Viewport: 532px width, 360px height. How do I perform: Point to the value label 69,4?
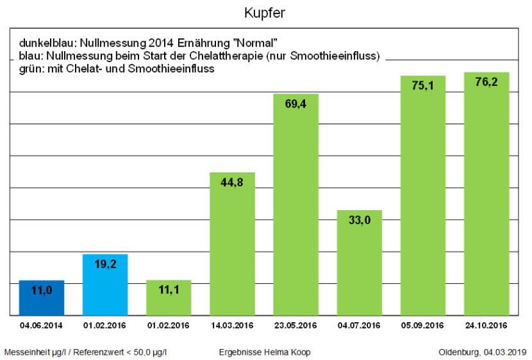[296, 104]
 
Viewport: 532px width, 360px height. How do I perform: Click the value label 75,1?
[423, 86]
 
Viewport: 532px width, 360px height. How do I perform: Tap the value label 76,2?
[486, 83]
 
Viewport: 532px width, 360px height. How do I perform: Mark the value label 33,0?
[360, 220]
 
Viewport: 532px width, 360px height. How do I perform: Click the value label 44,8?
[232, 182]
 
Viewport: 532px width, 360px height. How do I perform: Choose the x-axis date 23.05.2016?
[296, 325]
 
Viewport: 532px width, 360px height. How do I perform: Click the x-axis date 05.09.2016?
[423, 325]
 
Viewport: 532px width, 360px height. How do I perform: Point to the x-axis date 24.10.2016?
[486, 325]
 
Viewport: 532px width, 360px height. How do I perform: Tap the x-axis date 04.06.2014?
[42, 325]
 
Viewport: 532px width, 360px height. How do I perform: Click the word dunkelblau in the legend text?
[46, 43]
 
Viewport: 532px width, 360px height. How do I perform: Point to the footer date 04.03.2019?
[504, 352]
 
